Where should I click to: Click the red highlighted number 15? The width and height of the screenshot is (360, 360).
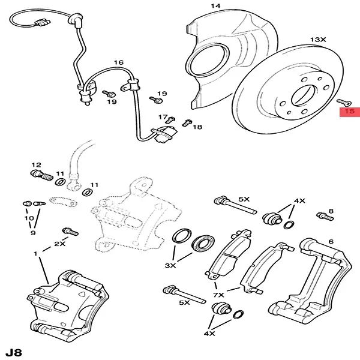point(349,111)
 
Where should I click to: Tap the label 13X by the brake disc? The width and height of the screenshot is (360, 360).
point(318,39)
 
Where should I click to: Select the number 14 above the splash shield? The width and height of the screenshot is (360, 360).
point(215,6)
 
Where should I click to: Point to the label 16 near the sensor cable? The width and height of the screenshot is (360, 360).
point(118,62)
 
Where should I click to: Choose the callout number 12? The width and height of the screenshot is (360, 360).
point(36,164)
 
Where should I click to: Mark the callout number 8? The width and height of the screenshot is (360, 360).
point(331,211)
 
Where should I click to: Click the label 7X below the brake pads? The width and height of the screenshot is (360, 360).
point(217,295)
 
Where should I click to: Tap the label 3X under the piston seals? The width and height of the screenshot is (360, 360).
point(170,265)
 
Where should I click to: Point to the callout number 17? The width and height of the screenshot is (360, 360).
point(162,116)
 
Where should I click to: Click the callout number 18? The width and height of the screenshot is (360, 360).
point(197,127)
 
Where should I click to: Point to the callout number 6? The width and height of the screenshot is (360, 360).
point(330,242)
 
